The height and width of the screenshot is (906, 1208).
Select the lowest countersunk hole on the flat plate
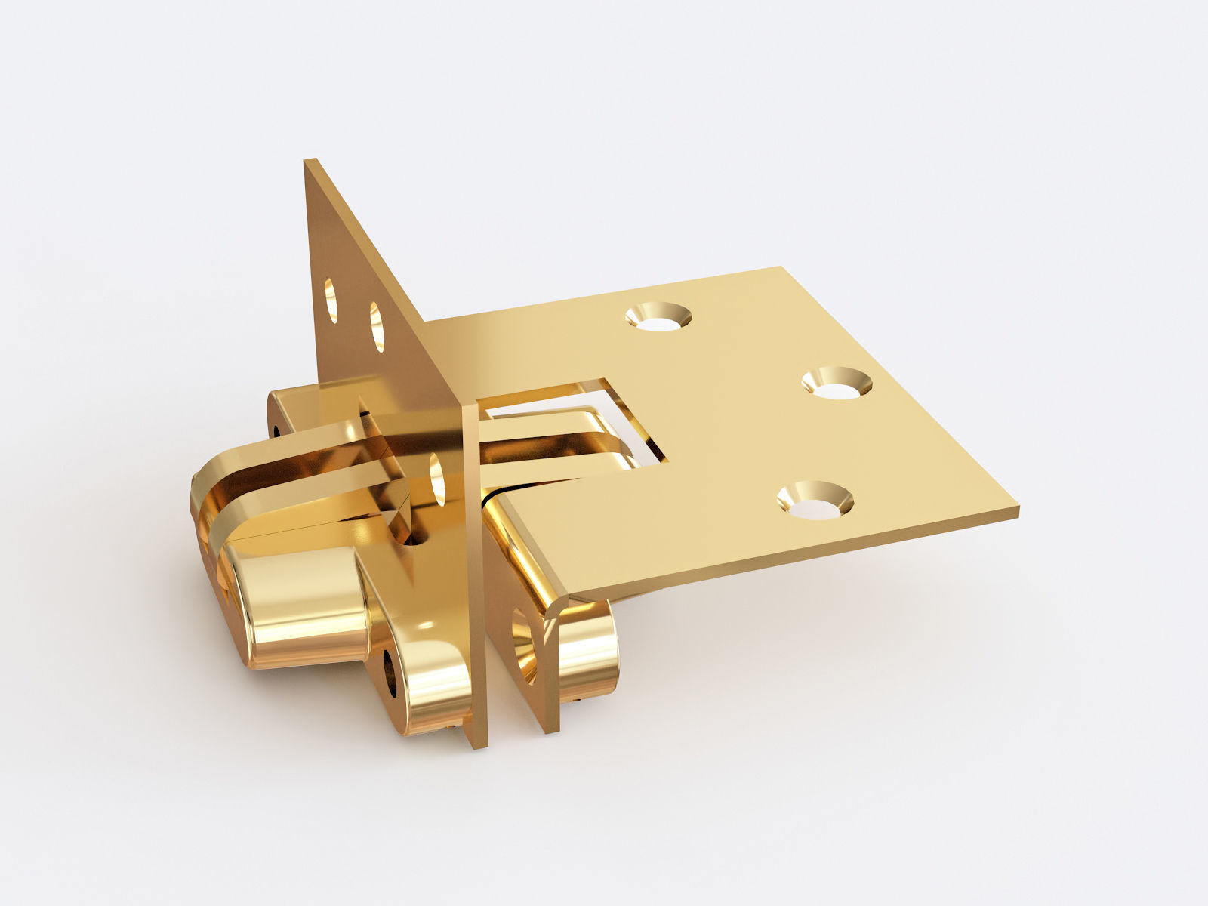point(815,501)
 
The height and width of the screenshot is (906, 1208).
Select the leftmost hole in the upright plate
point(331,291)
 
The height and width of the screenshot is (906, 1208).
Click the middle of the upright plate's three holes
point(377,326)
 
